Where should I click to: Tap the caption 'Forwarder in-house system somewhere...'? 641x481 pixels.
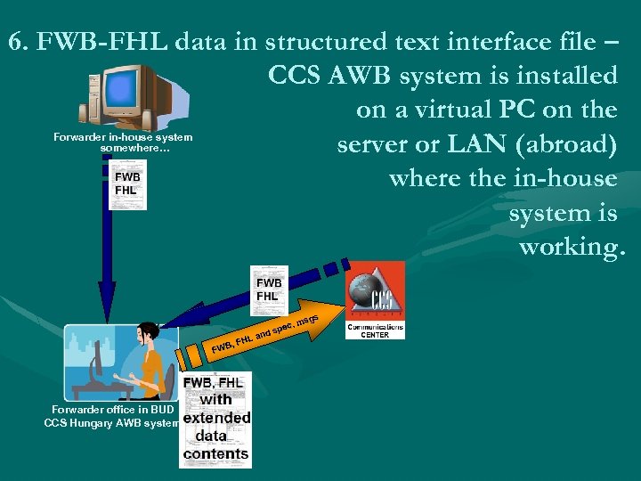pyautogui.click(x=123, y=142)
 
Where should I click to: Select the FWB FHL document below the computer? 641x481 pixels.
pyautogui.click(x=126, y=184)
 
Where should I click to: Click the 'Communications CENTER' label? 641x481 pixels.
pyautogui.click(x=375, y=330)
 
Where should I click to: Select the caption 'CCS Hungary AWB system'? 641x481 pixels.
pyautogui.click(x=111, y=422)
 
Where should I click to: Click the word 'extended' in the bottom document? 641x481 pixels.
pyautogui.click(x=216, y=417)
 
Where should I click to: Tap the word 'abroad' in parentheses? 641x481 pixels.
pyautogui.click(x=570, y=143)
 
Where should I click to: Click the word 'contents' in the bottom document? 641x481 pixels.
pyautogui.click(x=215, y=453)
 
